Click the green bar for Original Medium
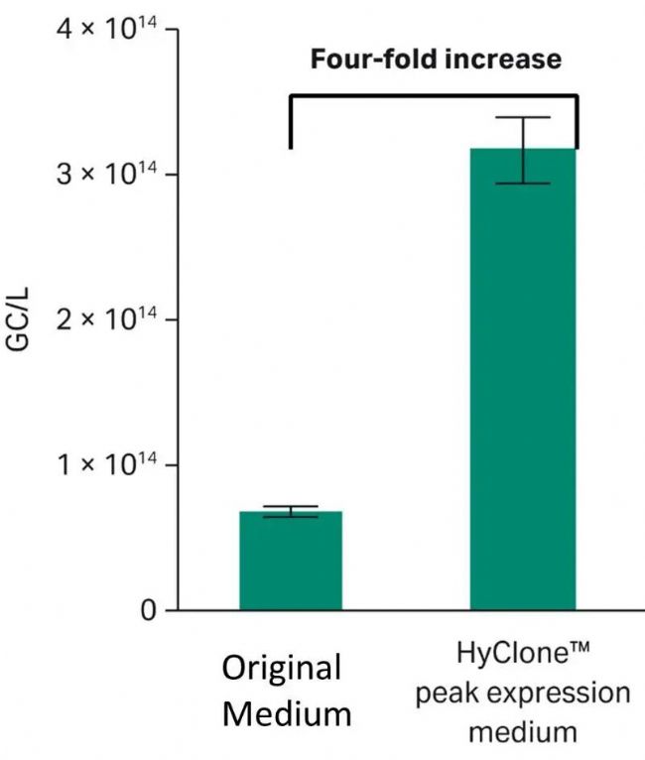pyautogui.click(x=291, y=561)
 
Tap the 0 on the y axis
pyautogui.click(x=147, y=610)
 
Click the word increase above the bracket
pyautogui.click(x=505, y=61)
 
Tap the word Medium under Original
pyautogui.click(x=286, y=712)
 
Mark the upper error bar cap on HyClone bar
pyautogui.click(x=522, y=118)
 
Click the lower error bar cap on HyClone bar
pyautogui.click(x=522, y=184)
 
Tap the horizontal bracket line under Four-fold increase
pyautogui.click(x=433, y=96)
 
